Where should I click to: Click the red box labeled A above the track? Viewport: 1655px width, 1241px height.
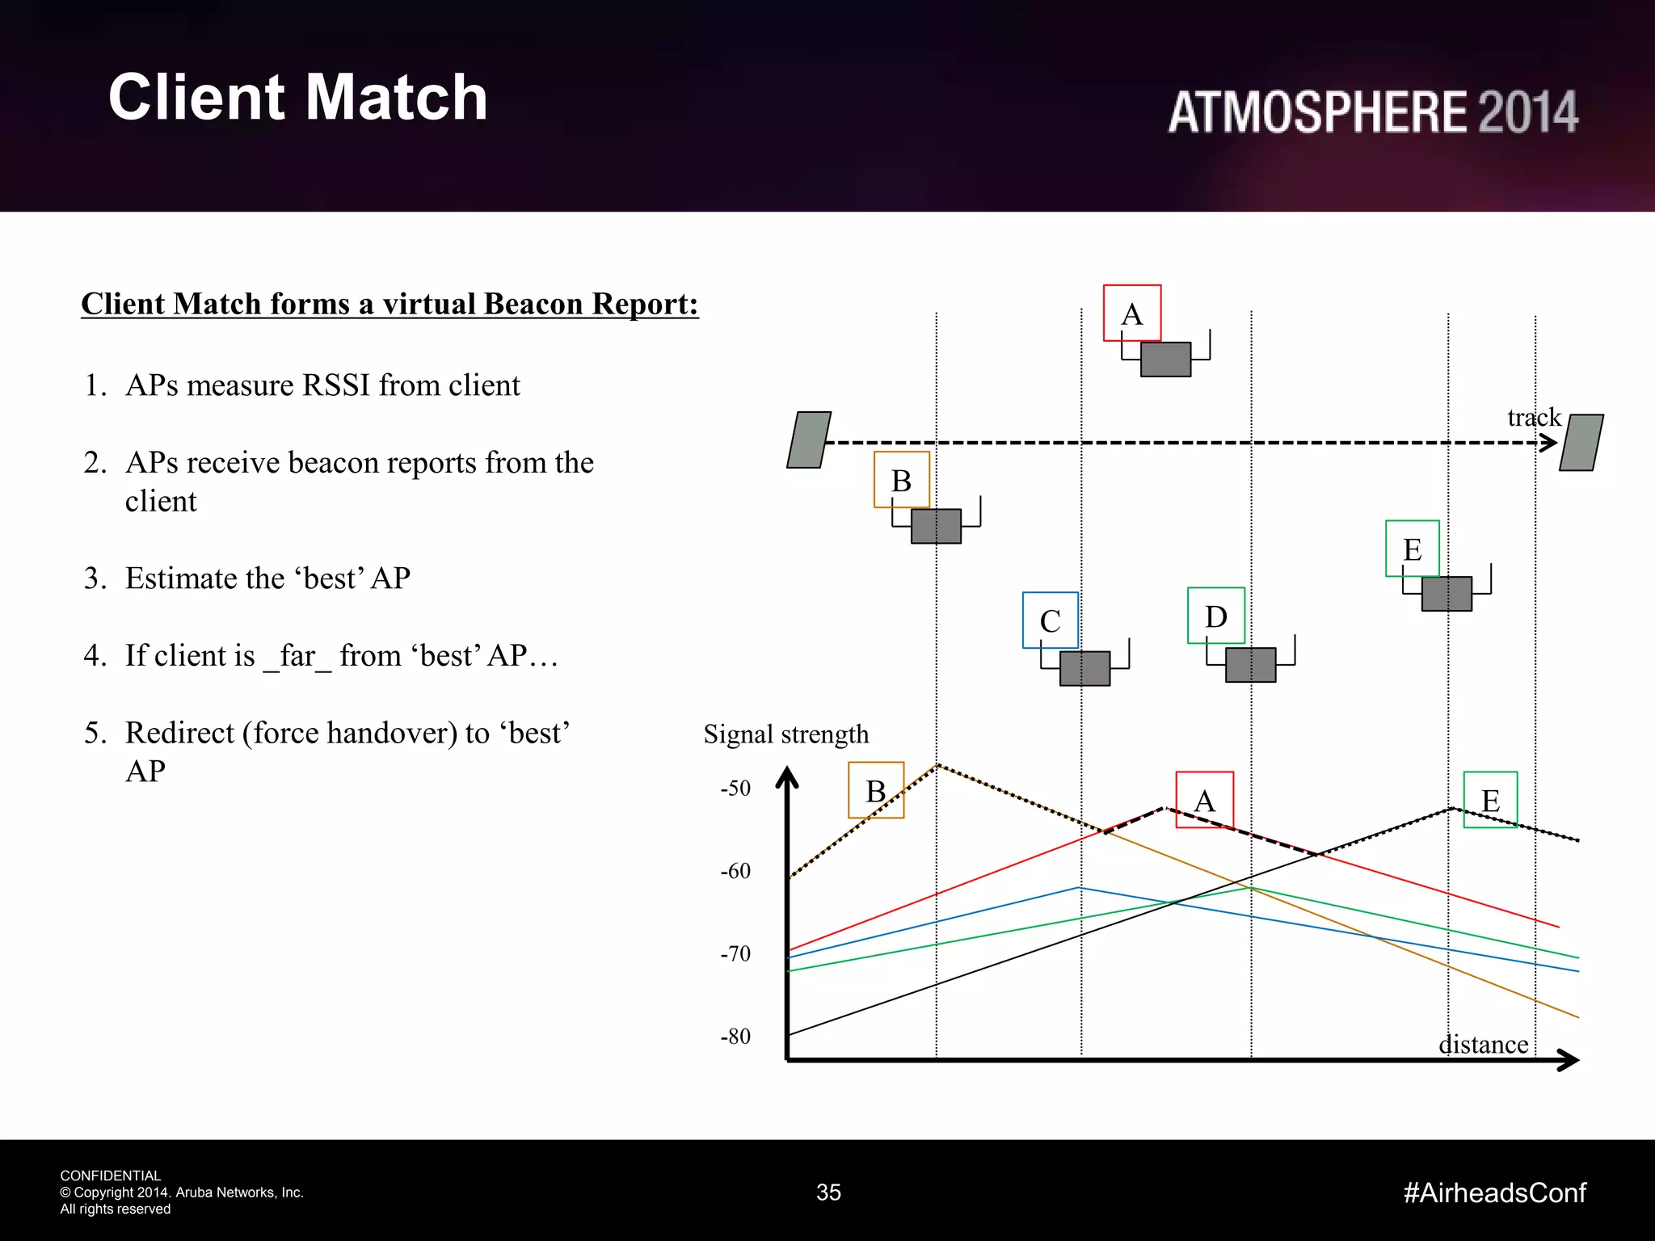(1132, 313)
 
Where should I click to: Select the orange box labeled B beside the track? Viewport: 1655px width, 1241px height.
(902, 480)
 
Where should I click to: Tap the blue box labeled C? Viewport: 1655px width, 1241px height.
(1050, 620)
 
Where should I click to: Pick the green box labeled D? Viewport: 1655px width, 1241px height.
(1215, 616)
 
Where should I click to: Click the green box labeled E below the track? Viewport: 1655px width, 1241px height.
(1412, 549)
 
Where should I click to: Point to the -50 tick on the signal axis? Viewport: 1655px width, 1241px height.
(735, 788)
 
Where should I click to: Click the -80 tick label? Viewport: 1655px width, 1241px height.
(735, 1036)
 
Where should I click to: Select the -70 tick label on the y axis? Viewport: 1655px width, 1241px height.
(735, 953)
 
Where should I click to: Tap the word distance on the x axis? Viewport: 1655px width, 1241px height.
(1483, 1045)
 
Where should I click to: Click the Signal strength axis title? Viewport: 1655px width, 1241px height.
(785, 734)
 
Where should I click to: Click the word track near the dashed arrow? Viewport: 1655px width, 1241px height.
(1533, 417)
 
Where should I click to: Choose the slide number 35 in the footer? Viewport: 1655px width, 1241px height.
(828, 1193)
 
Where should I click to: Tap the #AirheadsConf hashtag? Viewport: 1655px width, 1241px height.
(1494, 1193)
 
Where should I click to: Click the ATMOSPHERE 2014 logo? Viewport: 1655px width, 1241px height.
(1372, 111)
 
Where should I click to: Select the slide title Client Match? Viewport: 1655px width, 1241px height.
(297, 97)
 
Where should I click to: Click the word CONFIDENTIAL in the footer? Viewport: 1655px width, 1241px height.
(110, 1176)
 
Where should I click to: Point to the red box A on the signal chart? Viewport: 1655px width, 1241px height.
(1204, 800)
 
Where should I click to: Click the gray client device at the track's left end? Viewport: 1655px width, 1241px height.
(809, 440)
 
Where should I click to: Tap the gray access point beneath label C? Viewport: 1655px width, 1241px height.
(1084, 668)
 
